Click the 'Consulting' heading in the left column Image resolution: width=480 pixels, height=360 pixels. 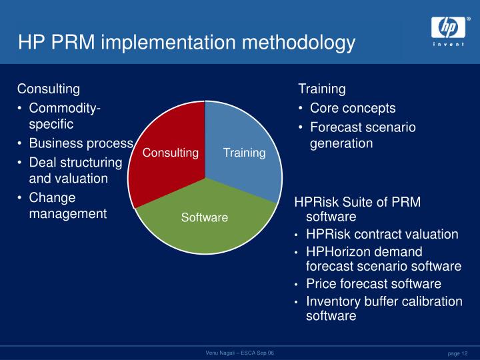tap(49, 89)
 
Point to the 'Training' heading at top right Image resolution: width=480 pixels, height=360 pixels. tap(322, 89)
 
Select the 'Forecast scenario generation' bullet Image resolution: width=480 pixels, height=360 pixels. tap(363, 135)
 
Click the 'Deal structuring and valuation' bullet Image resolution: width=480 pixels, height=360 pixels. tap(75, 171)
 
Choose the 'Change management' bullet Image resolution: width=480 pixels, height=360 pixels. tap(67, 206)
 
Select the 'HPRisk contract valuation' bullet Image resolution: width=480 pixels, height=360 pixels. tap(382, 234)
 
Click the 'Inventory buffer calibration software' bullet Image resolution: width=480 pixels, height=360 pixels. tap(384, 309)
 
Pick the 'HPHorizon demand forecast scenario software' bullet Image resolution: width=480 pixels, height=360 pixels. tap(383, 259)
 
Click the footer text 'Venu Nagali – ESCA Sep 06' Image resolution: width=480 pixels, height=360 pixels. tap(239, 352)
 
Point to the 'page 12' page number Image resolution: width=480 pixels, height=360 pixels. tap(457, 353)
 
